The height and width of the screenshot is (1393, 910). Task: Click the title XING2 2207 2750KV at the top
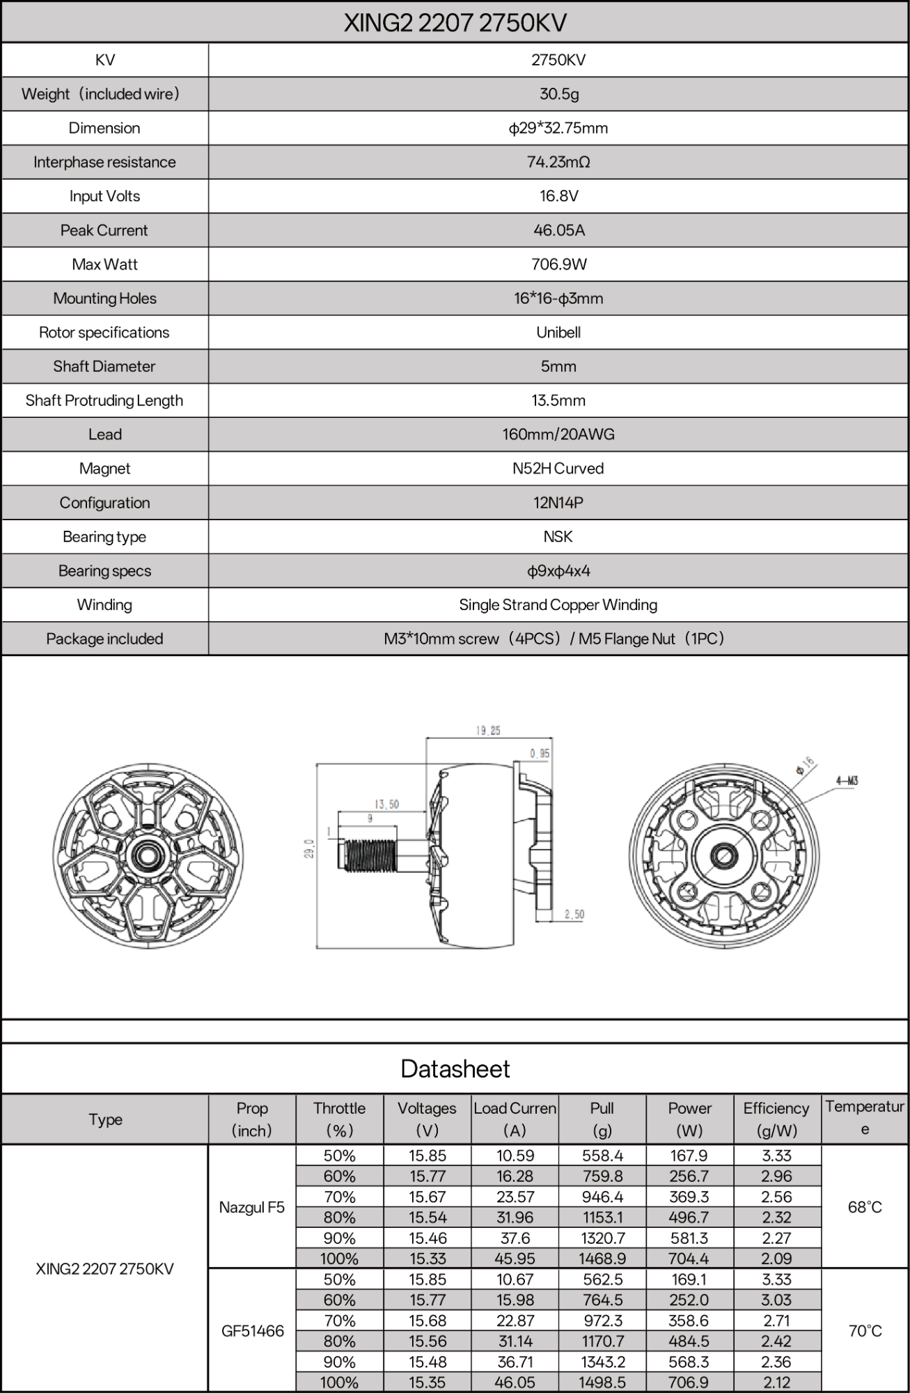tap(455, 23)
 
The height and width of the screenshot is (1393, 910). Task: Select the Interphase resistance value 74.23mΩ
tap(558, 162)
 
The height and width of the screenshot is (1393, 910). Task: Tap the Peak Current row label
tap(104, 231)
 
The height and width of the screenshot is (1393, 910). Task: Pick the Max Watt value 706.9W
tap(558, 265)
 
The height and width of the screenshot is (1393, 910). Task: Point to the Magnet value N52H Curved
tap(558, 469)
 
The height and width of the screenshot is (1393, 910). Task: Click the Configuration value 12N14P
tap(558, 503)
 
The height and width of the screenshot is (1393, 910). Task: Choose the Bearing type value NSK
tap(558, 537)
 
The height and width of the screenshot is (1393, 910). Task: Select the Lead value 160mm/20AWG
tap(558, 435)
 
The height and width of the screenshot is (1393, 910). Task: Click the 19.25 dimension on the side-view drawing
tap(488, 731)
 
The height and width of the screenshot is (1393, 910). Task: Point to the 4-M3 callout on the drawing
tap(847, 781)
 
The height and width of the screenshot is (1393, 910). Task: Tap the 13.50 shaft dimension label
tap(386, 804)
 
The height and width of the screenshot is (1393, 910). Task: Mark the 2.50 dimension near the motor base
tap(574, 915)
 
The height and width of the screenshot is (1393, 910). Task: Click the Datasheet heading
tap(455, 1069)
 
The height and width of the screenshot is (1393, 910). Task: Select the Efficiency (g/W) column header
tap(776, 1119)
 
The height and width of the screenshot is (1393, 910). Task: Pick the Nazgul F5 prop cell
tap(252, 1207)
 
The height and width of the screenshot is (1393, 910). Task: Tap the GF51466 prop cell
tap(252, 1331)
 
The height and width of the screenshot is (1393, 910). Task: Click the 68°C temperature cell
tap(865, 1207)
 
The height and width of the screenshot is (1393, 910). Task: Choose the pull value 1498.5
tap(602, 1383)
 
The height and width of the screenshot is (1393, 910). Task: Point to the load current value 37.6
tap(515, 1238)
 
